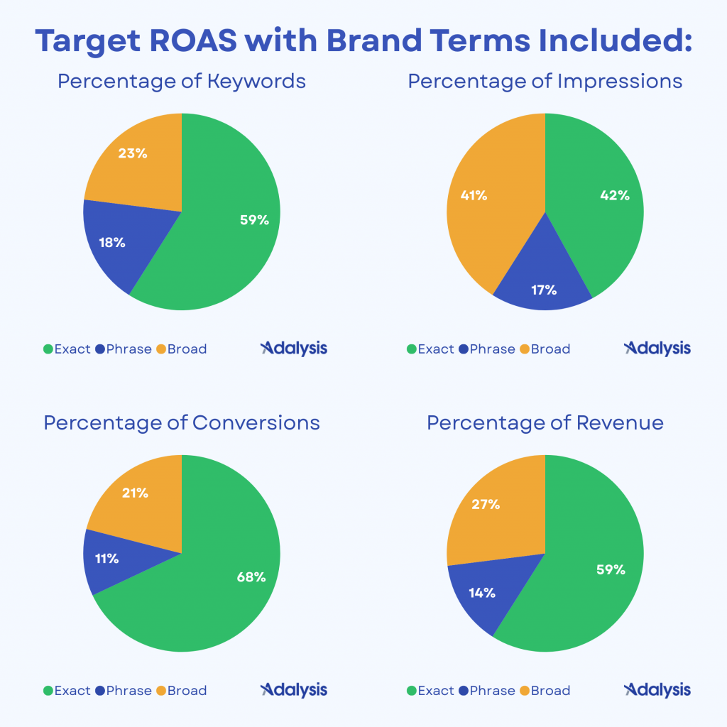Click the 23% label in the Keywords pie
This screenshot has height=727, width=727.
click(x=133, y=153)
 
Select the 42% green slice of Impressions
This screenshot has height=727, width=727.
click(x=603, y=206)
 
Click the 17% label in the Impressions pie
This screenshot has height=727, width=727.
click(x=543, y=290)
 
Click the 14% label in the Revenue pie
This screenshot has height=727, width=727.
click(x=482, y=592)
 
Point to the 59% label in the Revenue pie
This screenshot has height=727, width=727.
click(x=611, y=569)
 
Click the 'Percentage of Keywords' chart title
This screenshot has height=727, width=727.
click(x=182, y=81)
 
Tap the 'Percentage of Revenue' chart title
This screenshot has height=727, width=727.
click(x=545, y=423)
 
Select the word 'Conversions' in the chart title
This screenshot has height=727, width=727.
click(x=256, y=423)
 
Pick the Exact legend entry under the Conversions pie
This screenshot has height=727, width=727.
click(x=67, y=690)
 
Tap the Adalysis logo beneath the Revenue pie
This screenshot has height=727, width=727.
click(x=657, y=689)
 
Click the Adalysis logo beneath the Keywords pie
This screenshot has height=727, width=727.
click(x=294, y=348)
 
